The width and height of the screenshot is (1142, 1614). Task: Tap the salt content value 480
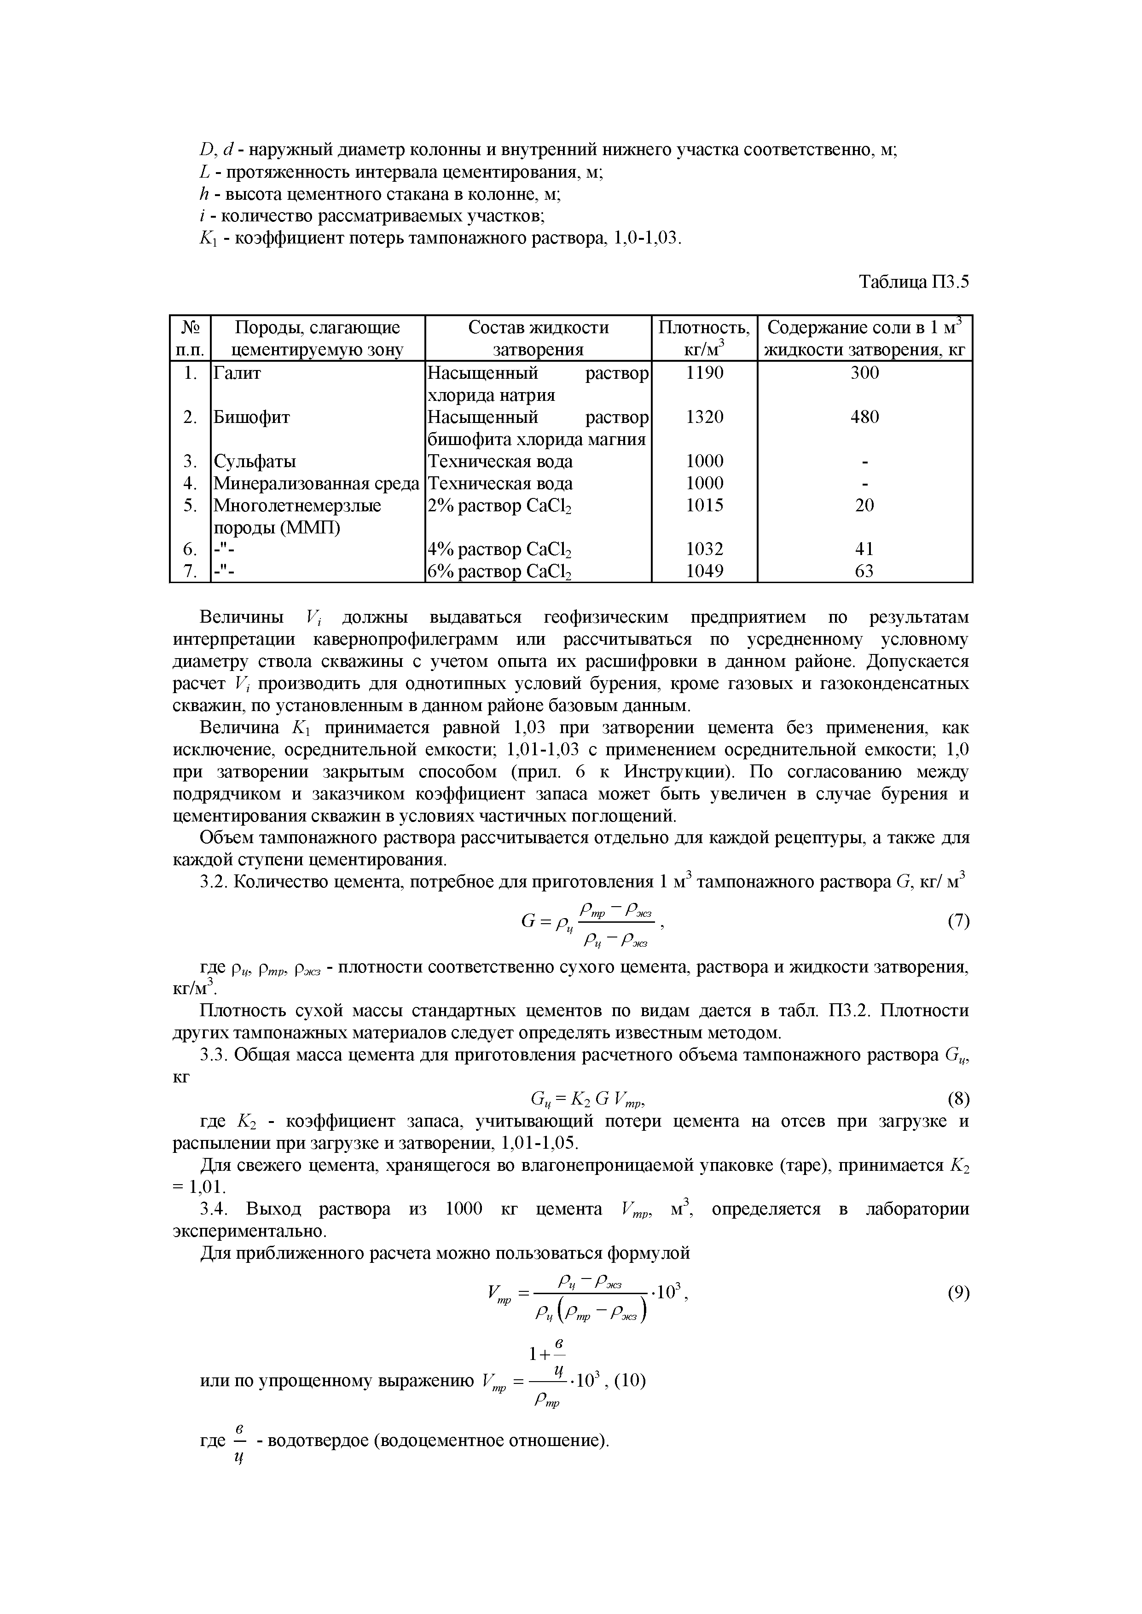pyautogui.click(x=864, y=417)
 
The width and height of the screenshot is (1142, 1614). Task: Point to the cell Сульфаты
pyautogui.click(x=255, y=462)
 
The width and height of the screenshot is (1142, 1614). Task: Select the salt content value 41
pyautogui.click(x=864, y=549)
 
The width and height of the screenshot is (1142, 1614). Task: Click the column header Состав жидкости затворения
pyautogui.click(x=538, y=339)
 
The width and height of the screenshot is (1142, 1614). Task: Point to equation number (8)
pyautogui.click(x=958, y=1098)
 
